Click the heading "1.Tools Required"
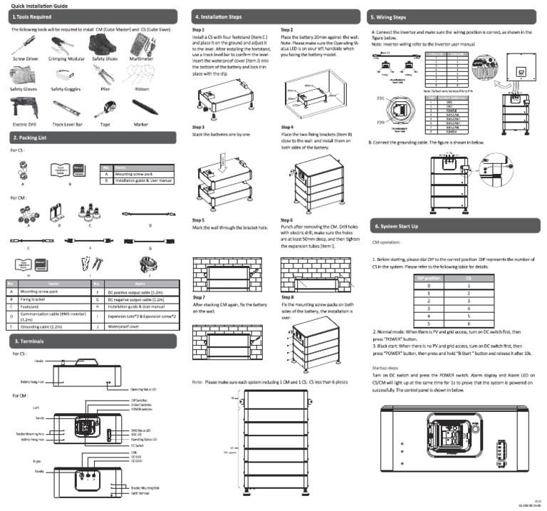pos(31,15)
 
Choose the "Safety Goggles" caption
pos(66,90)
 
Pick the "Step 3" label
pos(199,127)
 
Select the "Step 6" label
pos(287,220)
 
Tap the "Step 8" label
pos(287,296)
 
